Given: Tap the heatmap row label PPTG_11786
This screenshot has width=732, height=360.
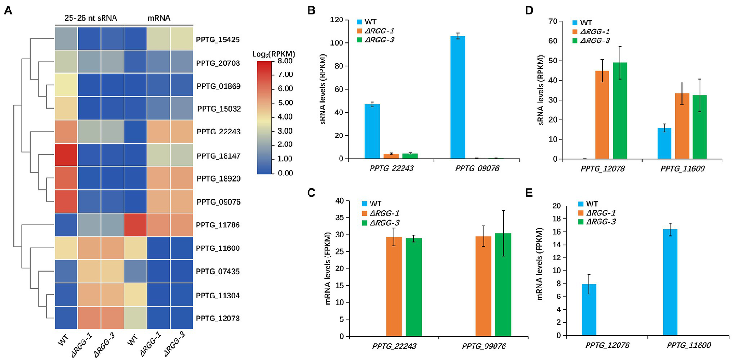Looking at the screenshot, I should point(218,225).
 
